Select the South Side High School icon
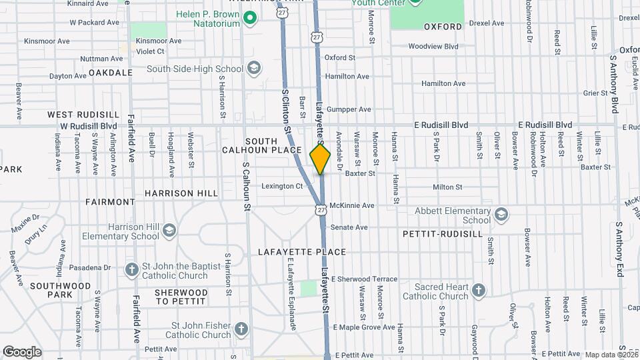254,68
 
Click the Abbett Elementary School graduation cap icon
501,215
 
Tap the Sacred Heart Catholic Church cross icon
478,291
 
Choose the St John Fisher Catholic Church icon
241,329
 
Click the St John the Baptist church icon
132,270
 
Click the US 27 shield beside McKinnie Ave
321,209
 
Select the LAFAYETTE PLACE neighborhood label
303,252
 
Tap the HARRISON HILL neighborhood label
181,193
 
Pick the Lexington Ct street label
282,186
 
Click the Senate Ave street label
350,227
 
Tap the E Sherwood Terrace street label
364,279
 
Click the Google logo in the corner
22,351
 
